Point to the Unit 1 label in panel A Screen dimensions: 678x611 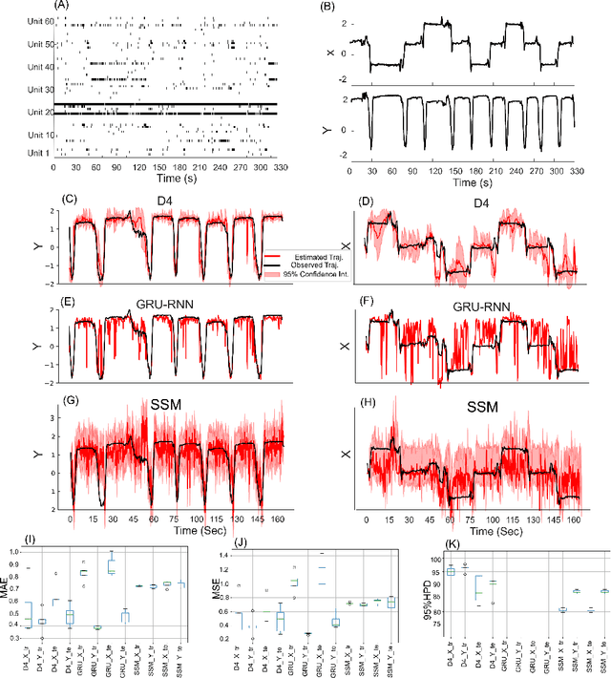coord(37,151)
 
